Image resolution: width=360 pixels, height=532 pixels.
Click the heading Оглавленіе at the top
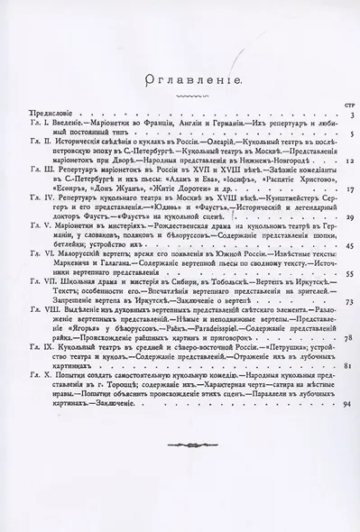[x=180, y=80]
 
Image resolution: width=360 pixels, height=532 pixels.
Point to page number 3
[x=347, y=116]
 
